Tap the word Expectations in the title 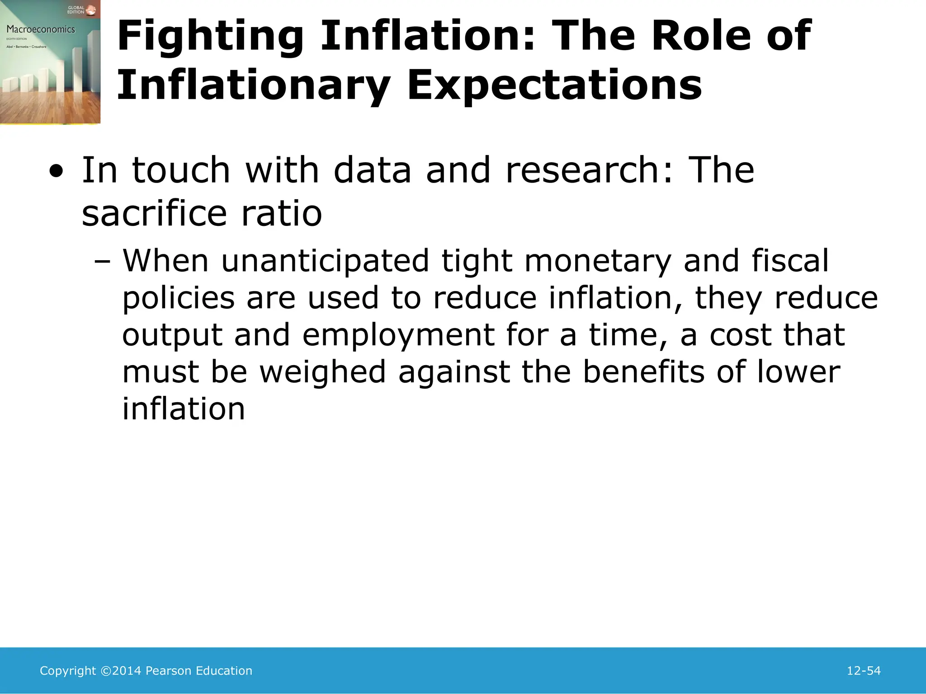[x=554, y=86]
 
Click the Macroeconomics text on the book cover [x=41, y=29]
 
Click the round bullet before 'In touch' [x=56, y=172]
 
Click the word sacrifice [x=154, y=213]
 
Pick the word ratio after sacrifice [x=281, y=213]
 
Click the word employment [x=398, y=336]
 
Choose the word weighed [x=322, y=372]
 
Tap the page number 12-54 [x=863, y=671]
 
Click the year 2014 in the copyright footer [x=127, y=671]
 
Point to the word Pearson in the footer [x=168, y=671]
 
